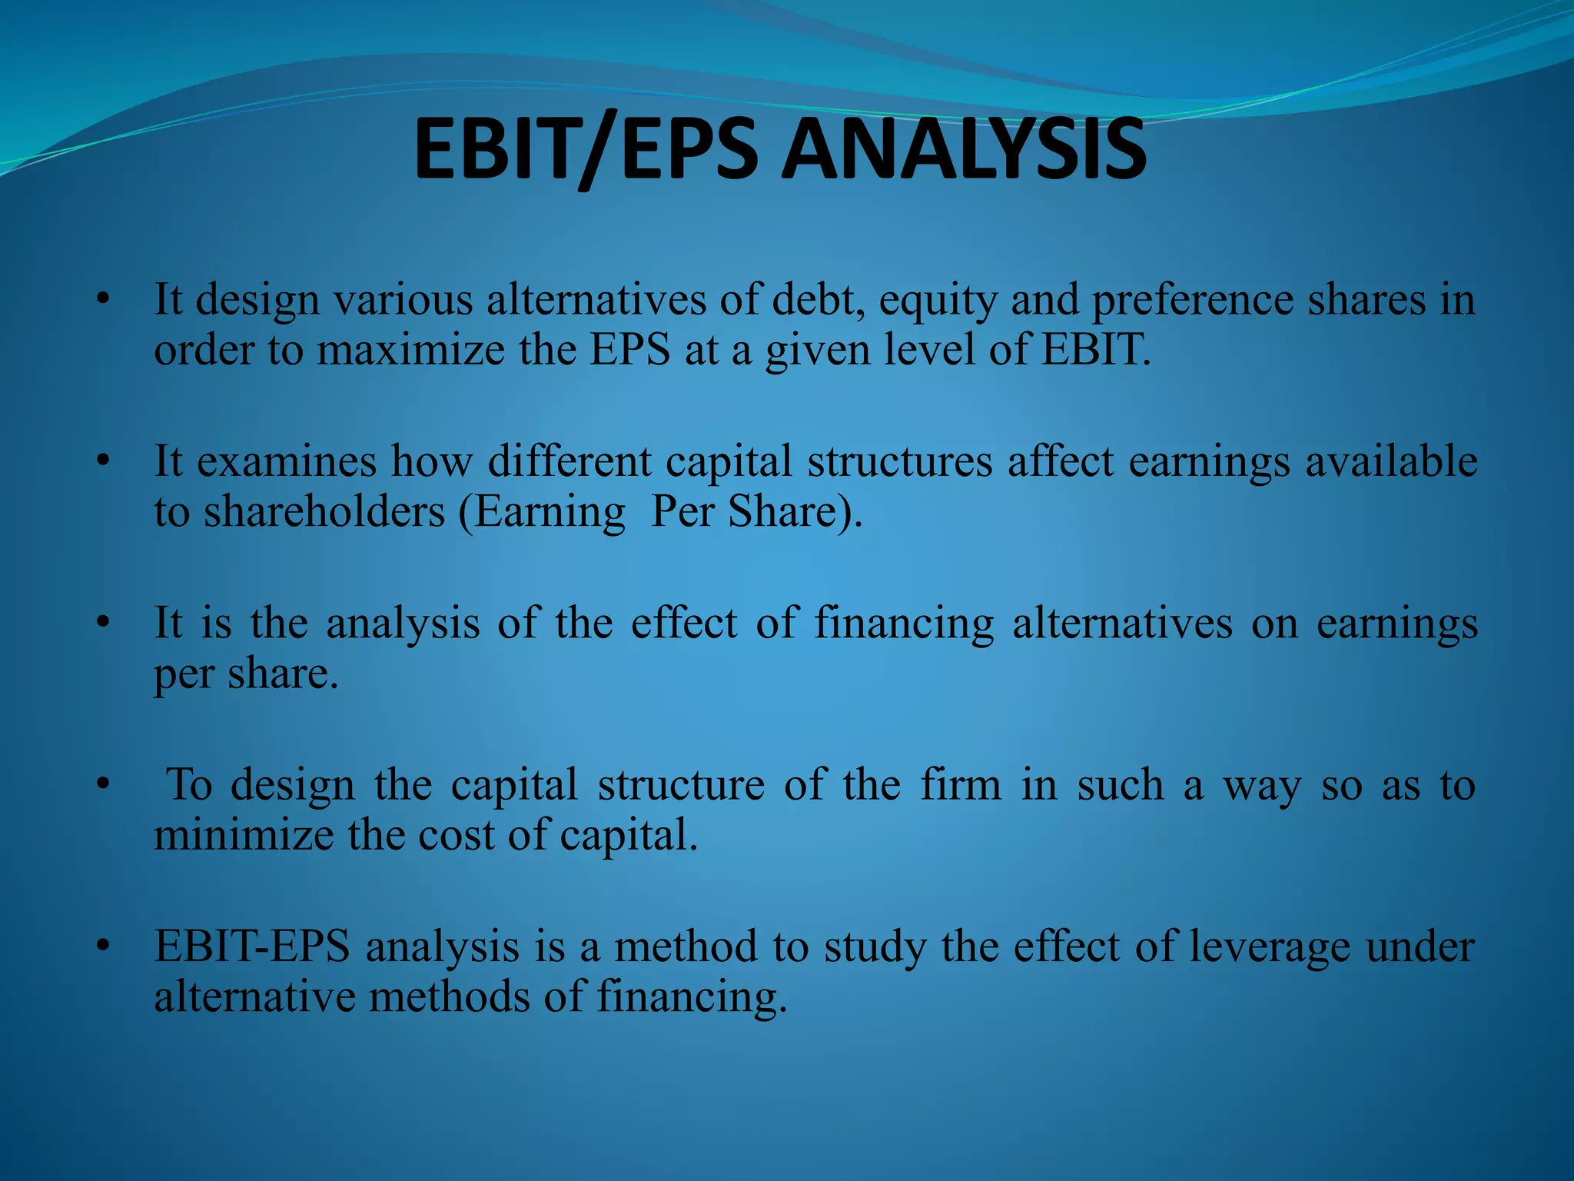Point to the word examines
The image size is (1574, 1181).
tap(287, 461)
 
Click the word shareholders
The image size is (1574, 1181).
tap(324, 511)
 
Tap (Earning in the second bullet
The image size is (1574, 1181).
tap(542, 513)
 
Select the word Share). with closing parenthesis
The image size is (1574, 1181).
tap(795, 511)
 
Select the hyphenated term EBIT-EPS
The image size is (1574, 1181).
tap(252, 946)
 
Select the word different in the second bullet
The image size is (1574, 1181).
tap(569, 461)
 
